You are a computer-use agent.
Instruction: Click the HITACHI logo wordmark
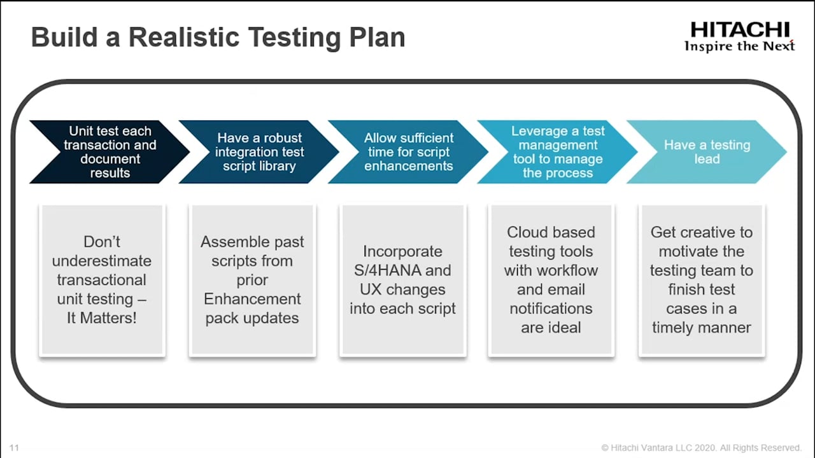[740, 30]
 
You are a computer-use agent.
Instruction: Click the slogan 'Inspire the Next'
[740, 46]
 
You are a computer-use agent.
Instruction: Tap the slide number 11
[14, 447]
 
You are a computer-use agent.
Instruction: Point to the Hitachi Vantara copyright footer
[701, 447]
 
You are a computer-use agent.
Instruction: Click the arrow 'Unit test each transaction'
[110, 152]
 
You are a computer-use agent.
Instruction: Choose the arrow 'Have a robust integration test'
[259, 152]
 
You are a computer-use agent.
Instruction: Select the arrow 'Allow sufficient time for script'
[408, 152]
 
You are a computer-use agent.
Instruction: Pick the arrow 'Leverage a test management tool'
[557, 152]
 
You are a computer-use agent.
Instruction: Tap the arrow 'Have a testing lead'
[707, 152]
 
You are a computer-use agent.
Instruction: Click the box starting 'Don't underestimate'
[103, 279]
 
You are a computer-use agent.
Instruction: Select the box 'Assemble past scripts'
[253, 279]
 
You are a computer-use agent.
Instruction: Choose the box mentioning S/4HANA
[403, 279]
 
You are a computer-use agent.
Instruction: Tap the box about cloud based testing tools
[551, 279]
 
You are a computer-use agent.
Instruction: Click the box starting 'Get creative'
[702, 279]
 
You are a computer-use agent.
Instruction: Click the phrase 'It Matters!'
[102, 318]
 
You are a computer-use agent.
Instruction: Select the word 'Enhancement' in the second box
[252, 299]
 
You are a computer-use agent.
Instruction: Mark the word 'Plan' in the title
[377, 37]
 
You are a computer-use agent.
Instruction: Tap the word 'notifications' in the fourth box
[551, 309]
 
